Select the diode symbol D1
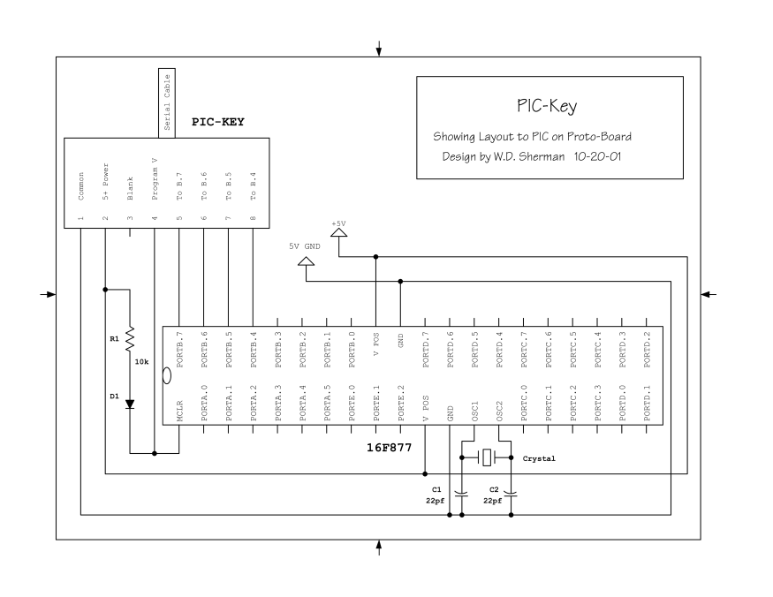click(x=130, y=404)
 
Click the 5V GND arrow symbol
click(x=306, y=261)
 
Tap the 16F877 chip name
click(x=390, y=449)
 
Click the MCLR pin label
click(x=179, y=412)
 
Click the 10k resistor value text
click(x=141, y=361)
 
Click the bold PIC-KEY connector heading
click(x=217, y=121)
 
